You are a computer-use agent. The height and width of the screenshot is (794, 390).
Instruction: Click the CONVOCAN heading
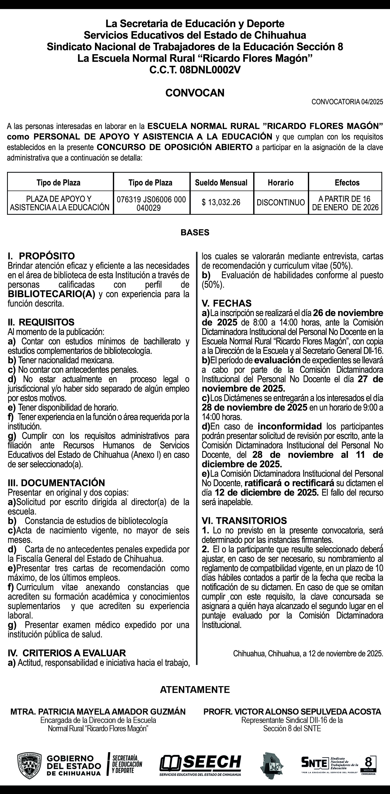click(195, 93)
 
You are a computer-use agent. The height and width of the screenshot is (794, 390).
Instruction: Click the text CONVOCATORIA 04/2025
click(347, 102)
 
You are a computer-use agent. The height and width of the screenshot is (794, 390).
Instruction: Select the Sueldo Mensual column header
click(221, 183)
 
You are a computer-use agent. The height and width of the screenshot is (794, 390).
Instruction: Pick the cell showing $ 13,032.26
click(221, 202)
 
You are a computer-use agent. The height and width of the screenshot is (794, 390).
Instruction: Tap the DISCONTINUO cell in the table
click(281, 202)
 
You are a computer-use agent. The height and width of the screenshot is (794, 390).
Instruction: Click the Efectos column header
click(347, 183)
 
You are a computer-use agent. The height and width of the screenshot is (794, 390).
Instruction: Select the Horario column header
click(280, 183)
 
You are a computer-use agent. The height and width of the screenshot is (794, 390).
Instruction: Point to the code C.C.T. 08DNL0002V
click(195, 70)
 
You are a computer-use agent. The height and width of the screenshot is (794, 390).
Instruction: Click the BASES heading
click(195, 232)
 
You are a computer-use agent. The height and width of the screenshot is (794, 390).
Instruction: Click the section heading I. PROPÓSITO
click(41, 256)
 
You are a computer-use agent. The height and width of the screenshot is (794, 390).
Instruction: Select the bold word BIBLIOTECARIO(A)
click(51, 294)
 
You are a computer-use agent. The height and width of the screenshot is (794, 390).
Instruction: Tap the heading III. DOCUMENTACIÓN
click(56, 483)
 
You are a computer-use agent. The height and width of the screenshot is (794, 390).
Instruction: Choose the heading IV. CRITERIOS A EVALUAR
click(67, 653)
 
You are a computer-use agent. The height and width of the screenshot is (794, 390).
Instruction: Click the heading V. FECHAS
click(227, 303)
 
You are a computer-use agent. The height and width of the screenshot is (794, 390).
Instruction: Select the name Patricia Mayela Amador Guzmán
click(98, 712)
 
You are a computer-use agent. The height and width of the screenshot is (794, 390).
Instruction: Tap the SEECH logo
click(200, 762)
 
